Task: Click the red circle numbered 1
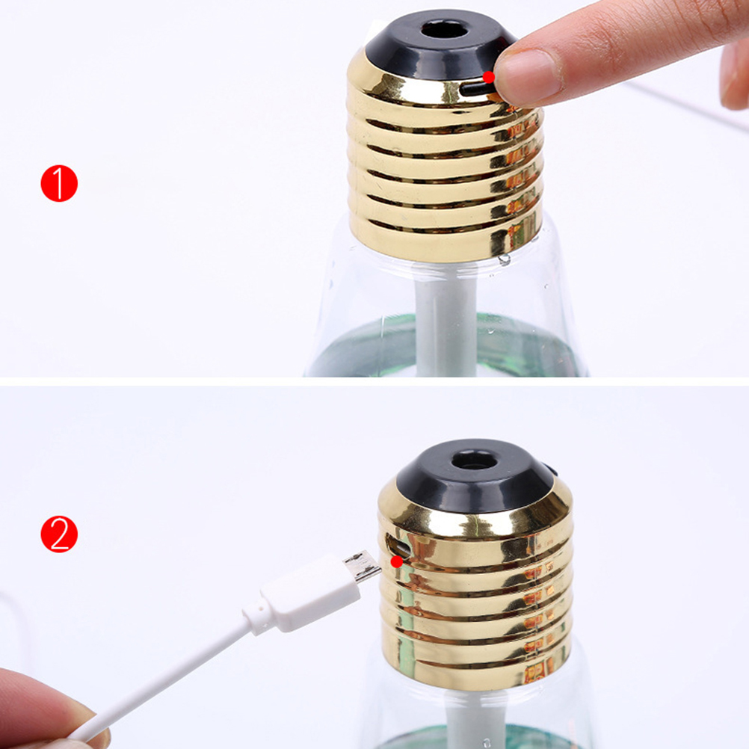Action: [59, 183]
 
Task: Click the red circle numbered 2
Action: [59, 534]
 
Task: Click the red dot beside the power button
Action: [489, 77]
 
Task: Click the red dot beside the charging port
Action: [396, 562]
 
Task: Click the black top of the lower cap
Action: [475, 478]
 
